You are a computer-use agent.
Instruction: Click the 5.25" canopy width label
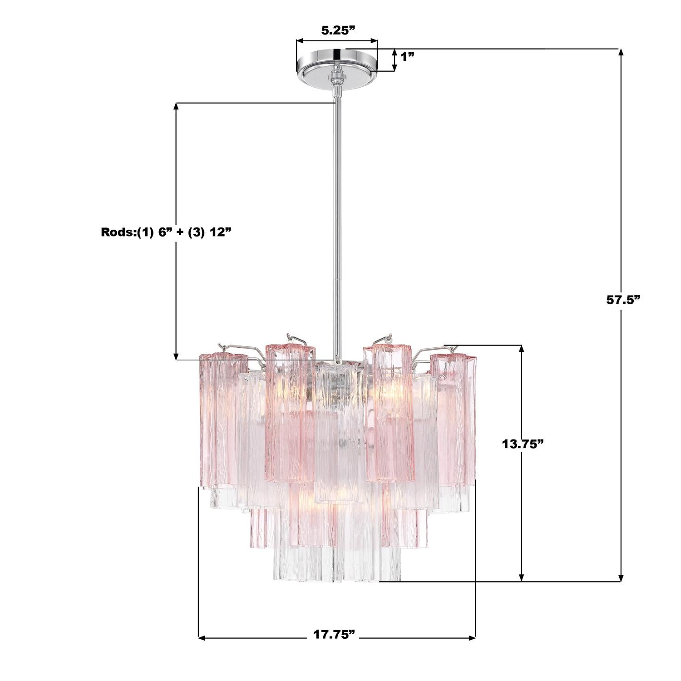pos(337,30)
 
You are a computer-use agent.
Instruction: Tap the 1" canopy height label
pos(407,57)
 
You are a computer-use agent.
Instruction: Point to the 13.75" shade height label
pos(523,444)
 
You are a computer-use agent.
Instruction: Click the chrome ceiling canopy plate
pos(337,64)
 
